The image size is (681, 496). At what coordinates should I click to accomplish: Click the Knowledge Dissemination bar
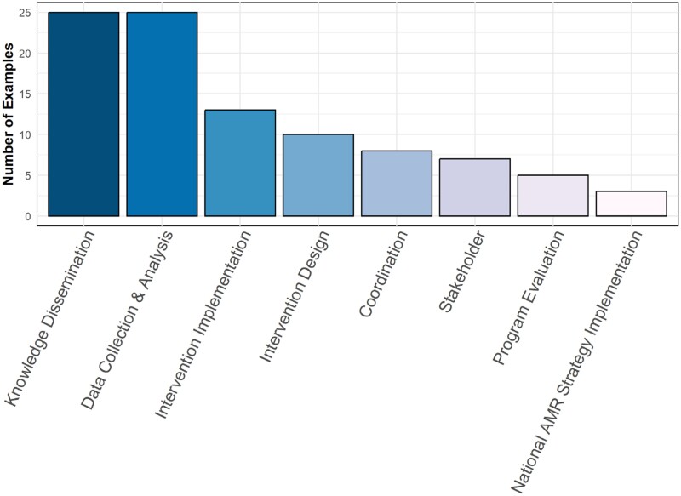[83, 114]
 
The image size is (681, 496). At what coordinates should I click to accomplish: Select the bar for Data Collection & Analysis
[162, 114]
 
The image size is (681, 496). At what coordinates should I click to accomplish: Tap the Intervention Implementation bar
[240, 162]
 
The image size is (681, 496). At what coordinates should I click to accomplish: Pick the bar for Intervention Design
[318, 175]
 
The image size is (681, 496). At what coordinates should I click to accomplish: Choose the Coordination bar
[397, 183]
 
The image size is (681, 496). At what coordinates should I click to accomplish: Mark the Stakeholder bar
[475, 187]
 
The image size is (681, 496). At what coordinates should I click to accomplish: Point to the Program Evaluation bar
[552, 196]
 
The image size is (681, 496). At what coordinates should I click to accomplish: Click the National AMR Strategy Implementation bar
[631, 203]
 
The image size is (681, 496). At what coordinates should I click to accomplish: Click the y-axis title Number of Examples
[8, 114]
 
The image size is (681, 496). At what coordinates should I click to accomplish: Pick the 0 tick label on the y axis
[28, 216]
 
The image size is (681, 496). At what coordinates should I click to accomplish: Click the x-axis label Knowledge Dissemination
[50, 318]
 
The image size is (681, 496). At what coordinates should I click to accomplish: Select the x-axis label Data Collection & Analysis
[127, 320]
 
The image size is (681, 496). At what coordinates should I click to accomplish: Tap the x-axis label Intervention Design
[295, 296]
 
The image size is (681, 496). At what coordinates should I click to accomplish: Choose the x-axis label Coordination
[384, 274]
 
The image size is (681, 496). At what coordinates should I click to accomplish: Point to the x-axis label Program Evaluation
[529, 298]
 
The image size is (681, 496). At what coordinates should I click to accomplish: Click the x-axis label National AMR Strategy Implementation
[576, 362]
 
